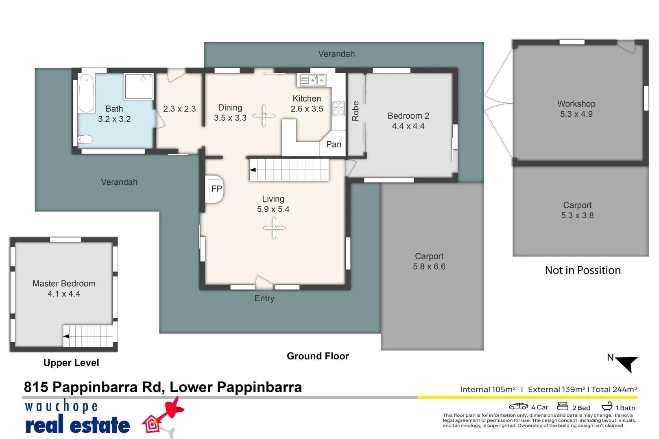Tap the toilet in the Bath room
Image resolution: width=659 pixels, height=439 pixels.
85,139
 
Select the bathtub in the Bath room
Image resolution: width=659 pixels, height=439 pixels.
87,93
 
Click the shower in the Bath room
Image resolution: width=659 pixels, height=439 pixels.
139,86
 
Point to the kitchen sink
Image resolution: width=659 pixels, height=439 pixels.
313,80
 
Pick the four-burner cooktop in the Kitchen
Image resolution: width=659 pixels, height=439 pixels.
338,109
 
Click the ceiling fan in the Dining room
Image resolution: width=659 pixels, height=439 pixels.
264,116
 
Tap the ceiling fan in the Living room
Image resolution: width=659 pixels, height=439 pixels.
274,228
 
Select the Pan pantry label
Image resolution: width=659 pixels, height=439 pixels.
334,144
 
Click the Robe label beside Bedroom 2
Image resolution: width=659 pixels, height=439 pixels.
356,111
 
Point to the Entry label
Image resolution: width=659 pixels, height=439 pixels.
264,298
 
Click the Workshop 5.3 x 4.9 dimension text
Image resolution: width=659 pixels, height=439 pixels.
576,114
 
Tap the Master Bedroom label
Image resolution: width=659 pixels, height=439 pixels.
64,283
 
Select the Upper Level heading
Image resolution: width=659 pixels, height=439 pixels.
71,363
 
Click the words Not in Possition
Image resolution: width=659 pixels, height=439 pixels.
583,270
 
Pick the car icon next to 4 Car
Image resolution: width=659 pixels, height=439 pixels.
518,406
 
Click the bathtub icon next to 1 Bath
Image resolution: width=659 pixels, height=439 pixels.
607,406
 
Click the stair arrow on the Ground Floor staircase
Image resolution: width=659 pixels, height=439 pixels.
253,170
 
